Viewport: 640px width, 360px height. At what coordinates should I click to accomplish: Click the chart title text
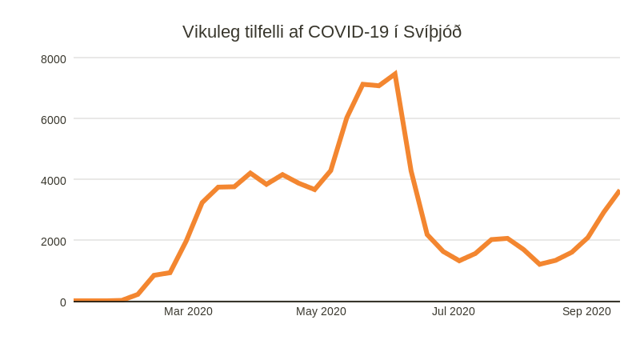tap(322, 32)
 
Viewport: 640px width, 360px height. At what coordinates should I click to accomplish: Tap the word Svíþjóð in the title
tap(432, 32)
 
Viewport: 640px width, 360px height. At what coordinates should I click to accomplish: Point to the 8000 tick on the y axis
tap(54, 58)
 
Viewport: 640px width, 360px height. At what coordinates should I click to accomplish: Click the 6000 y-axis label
tap(54, 119)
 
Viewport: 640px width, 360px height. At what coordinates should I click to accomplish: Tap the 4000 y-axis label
tap(54, 180)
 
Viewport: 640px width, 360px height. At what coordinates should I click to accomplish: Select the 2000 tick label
tap(54, 241)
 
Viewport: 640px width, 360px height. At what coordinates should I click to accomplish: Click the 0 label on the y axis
tap(62, 302)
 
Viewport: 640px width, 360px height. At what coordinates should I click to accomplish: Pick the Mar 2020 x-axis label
tap(188, 311)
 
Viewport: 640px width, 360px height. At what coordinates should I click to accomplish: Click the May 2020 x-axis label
tap(321, 311)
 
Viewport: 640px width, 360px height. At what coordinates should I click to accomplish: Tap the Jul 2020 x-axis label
tap(454, 311)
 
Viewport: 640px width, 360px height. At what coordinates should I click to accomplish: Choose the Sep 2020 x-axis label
tap(586, 311)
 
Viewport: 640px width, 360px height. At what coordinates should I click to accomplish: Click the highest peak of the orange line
tap(394, 74)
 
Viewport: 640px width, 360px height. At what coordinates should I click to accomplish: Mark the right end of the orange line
tap(618, 192)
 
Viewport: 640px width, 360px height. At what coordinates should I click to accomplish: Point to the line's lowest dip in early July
tap(459, 260)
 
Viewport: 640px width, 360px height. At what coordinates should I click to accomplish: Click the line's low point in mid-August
tap(540, 263)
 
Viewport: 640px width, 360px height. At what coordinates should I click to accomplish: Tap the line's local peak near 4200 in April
tap(250, 173)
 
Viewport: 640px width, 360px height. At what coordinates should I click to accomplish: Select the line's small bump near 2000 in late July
tap(507, 238)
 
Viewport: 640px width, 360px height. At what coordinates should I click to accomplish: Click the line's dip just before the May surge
tap(314, 189)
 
